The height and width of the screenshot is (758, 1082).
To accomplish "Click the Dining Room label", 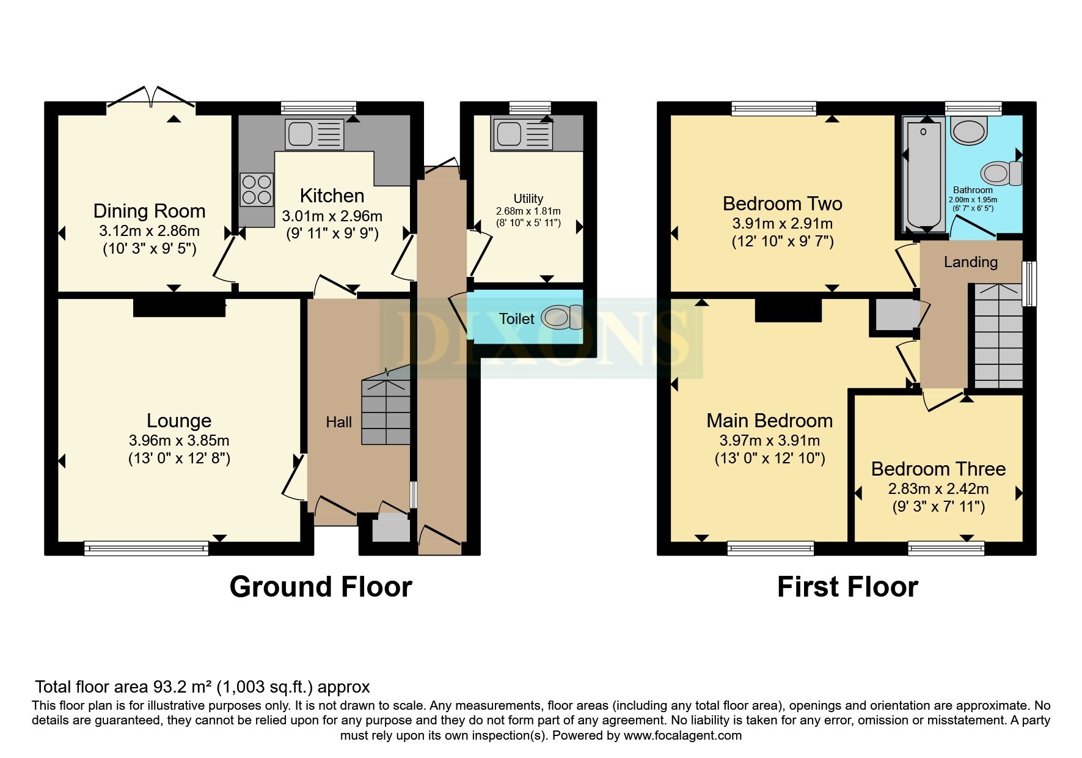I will tap(149, 211).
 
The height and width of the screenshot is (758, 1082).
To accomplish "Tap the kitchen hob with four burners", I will tap(257, 189).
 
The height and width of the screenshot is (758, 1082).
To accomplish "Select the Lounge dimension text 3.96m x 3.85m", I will tap(179, 440).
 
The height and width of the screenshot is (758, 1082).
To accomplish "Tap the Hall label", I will tap(338, 422).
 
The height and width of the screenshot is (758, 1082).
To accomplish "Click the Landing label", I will tap(970, 262).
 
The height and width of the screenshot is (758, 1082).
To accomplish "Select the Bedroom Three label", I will tap(938, 469).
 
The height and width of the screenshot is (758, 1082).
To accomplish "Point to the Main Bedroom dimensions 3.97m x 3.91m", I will tap(770, 440).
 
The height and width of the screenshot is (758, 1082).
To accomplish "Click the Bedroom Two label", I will tap(782, 204).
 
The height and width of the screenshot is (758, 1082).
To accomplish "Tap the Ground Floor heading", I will tap(321, 587).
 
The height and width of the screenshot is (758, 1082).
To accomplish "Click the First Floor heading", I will tap(847, 587).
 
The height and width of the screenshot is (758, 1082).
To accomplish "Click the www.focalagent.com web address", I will tap(682, 735).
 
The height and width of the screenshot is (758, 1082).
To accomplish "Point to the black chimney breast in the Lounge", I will tap(179, 307).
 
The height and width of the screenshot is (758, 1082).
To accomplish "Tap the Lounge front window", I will tap(146, 548).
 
